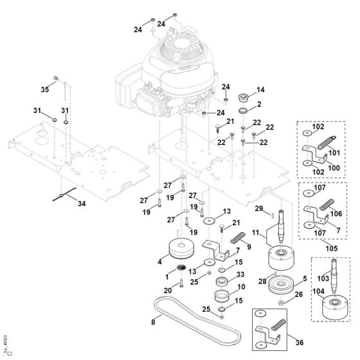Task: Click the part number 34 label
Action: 80,204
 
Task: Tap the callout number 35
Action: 46,89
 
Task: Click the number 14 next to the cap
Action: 260,89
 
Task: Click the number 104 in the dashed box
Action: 319,291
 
